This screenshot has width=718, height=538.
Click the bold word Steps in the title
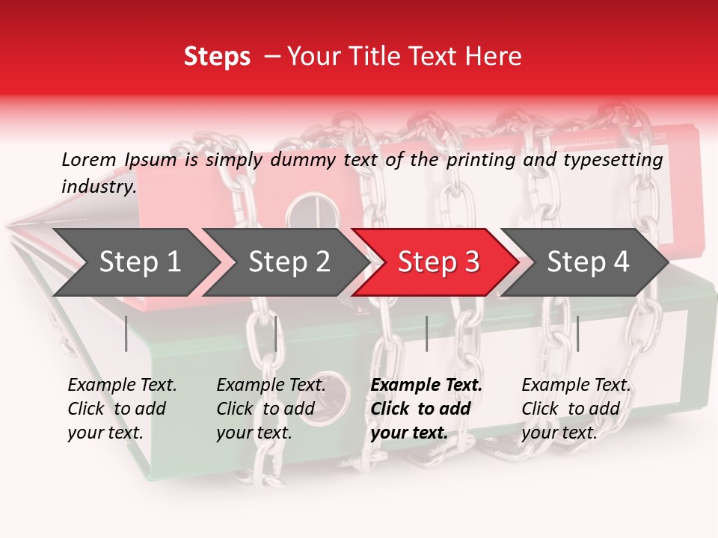(217, 57)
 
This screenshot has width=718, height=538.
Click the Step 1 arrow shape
(135, 262)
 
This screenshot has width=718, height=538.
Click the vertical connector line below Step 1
(126, 333)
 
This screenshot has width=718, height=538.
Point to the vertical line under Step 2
(276, 333)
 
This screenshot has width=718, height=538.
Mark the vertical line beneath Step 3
(426, 333)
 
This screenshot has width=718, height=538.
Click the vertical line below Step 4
(577, 333)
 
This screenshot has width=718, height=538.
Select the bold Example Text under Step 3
(426, 409)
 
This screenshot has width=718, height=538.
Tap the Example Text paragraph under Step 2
(271, 409)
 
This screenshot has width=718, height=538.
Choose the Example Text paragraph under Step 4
(576, 409)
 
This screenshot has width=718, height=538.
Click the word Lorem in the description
(89, 160)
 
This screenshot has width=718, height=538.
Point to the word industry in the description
(99, 187)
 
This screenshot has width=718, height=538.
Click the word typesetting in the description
(619, 160)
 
